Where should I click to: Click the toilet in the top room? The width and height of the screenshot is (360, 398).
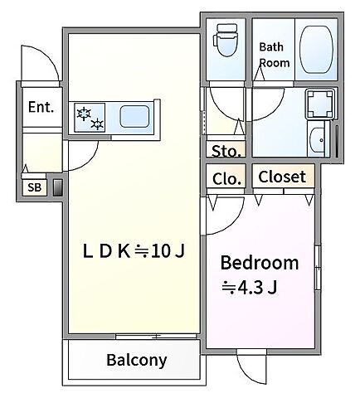226,40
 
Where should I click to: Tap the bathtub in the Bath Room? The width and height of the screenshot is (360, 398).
316,50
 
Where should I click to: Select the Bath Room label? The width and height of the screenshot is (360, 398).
275,55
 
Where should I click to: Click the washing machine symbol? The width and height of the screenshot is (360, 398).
320,104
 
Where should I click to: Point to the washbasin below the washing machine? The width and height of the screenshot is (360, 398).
318,140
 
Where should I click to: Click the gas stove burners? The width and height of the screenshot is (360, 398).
90,118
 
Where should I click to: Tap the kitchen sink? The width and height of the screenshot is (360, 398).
134,117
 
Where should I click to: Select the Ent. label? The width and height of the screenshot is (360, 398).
41,107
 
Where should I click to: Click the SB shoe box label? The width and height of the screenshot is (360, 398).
34,187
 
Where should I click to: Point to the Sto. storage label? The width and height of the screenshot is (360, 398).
226,151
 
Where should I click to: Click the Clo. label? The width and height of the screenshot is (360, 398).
226,179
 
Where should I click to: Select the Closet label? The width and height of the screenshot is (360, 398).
282,177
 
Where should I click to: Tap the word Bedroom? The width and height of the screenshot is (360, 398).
260,263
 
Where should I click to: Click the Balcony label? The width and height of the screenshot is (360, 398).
137,360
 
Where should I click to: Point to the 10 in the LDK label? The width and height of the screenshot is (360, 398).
160,251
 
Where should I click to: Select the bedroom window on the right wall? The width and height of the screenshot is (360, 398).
318,267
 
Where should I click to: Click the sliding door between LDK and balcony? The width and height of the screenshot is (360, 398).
156,337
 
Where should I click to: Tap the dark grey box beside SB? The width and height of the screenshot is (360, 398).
57,187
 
